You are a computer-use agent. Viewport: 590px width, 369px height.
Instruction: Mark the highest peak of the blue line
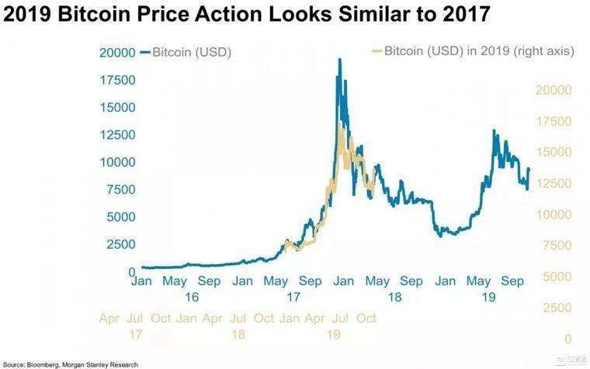pyautogui.click(x=338, y=60)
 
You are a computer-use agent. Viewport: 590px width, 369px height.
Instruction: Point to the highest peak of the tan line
pyautogui.click(x=340, y=129)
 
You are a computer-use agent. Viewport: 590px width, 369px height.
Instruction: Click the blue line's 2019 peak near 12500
pyautogui.click(x=494, y=131)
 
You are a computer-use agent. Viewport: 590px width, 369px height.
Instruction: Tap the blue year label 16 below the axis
pyautogui.click(x=192, y=297)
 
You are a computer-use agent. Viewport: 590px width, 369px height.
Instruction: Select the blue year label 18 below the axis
pyautogui.click(x=394, y=297)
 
